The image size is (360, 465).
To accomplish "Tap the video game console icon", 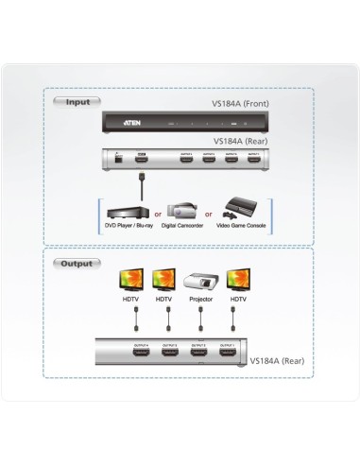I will coord(237,210).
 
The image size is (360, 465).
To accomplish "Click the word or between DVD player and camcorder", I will coord(158,215).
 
